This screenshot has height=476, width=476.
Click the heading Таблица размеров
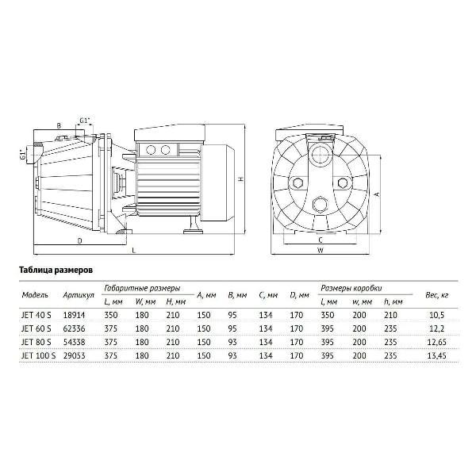(56, 271)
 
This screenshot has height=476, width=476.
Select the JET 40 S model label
(36, 315)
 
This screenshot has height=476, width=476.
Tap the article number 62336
(74, 328)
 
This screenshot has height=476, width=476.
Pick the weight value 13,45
(437, 355)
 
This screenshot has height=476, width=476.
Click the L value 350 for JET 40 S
(111, 315)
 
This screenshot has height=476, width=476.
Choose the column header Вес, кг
(437, 295)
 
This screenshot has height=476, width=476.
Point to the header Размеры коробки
(351, 288)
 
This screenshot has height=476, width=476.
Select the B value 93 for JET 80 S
(232, 342)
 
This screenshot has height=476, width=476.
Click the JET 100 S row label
(39, 355)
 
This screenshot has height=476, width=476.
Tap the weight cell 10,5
(437, 315)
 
